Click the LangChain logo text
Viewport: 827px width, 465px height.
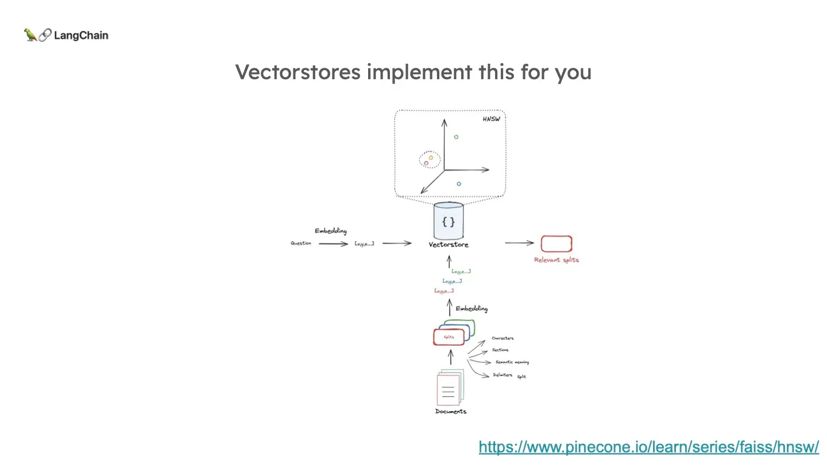[x=80, y=36]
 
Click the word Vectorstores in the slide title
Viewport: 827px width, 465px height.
[x=297, y=72]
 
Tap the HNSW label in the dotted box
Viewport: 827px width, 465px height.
[x=491, y=119]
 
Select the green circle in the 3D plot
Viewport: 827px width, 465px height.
[x=456, y=137]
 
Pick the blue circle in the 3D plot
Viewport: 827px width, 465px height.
[x=459, y=184]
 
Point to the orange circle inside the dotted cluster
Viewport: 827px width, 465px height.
[x=431, y=157]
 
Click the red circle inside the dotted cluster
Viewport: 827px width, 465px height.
[x=426, y=163]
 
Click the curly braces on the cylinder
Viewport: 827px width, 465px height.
[x=449, y=221]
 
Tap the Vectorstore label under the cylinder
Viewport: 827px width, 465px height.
[x=449, y=245]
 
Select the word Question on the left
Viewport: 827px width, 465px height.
[x=301, y=243]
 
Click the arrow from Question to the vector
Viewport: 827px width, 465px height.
[x=333, y=243]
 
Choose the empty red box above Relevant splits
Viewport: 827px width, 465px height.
[x=556, y=244]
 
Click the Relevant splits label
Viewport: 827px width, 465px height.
[x=557, y=260]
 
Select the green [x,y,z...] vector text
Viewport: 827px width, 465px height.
[x=461, y=271]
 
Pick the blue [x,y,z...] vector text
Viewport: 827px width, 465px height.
[x=452, y=281]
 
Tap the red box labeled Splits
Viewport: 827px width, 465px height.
[x=448, y=337]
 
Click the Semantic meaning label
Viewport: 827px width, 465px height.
[x=512, y=362]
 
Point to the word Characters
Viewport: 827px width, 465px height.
[x=503, y=338]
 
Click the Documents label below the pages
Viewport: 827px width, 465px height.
[x=451, y=412]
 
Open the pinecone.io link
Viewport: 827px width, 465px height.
[x=648, y=447]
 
